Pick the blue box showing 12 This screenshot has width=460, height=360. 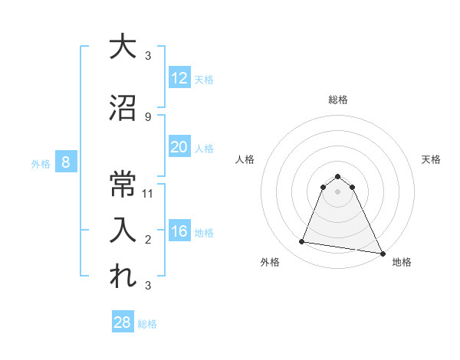[x=179, y=78]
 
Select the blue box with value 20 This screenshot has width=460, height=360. [x=179, y=147]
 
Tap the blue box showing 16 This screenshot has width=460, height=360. [x=179, y=231]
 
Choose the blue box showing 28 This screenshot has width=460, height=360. [x=123, y=322]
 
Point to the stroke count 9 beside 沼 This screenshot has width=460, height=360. [x=148, y=116]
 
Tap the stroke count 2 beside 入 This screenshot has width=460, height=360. [x=148, y=240]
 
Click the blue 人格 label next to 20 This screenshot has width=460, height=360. [x=204, y=148]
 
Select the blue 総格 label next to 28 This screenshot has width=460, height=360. [x=147, y=323]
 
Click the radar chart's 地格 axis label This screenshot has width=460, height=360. [x=402, y=262]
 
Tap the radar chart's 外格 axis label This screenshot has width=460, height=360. [x=270, y=262]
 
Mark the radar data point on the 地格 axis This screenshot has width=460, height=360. [x=383, y=254]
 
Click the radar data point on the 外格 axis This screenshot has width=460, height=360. [x=302, y=242]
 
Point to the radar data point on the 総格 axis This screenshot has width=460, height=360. [x=337, y=176]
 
